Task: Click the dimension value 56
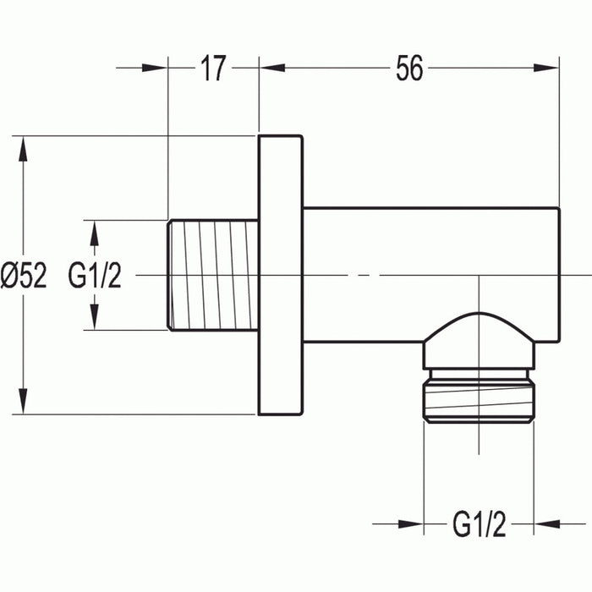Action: tap(408, 69)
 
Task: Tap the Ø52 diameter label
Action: tap(25, 276)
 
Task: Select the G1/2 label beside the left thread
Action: tap(95, 276)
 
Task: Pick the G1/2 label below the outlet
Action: tap(479, 526)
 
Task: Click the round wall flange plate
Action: tap(280, 275)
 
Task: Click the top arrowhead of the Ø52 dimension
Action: tap(25, 147)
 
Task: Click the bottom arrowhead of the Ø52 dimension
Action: tap(25, 403)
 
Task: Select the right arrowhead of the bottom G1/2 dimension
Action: tap(545, 524)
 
